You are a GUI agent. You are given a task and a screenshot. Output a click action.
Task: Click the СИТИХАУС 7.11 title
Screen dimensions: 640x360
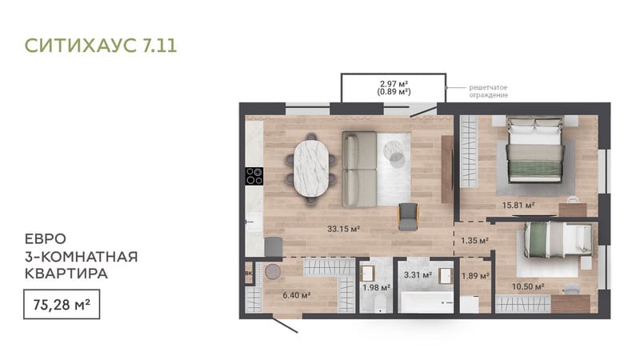tap(101, 46)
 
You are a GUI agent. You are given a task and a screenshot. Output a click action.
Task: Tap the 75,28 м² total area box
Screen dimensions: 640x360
tap(62, 304)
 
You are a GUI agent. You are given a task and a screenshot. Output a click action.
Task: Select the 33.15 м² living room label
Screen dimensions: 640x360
tap(343, 229)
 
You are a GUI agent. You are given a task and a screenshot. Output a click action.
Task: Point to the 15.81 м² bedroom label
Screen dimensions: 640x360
tap(518, 205)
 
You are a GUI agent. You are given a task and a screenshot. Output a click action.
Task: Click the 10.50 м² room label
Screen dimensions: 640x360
tap(528, 286)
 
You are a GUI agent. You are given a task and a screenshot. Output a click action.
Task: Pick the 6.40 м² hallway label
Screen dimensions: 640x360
tap(297, 294)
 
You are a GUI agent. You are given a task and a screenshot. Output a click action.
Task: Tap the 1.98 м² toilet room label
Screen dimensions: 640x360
tap(376, 288)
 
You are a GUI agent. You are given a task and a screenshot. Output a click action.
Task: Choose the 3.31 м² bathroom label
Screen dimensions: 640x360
tap(418, 275)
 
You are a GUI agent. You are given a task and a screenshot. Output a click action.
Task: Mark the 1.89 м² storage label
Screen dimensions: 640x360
tap(475, 276)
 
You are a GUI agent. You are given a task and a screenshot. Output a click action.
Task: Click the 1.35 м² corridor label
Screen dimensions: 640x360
tap(474, 241)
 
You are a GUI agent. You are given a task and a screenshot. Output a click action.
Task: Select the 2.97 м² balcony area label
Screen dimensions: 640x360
tap(394, 84)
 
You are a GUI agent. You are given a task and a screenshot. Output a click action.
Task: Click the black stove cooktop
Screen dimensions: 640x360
tap(254, 176)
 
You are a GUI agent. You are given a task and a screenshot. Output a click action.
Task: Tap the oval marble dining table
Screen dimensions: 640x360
tap(311, 168)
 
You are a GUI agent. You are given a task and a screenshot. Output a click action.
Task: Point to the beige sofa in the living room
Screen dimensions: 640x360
tap(359, 169)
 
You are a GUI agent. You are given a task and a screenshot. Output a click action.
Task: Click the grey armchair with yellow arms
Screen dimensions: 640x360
tap(408, 216)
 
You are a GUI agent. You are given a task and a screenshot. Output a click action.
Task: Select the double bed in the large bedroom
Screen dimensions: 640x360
tap(535, 150)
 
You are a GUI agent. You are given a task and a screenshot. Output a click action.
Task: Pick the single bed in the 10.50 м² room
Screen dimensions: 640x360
tap(558, 240)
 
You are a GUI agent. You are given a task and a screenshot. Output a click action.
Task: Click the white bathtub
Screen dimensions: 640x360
tap(426, 302)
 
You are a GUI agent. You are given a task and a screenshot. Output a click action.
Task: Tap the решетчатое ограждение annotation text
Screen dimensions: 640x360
tap(488, 91)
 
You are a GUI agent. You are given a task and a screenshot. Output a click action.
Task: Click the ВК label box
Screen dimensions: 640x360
tap(249, 273)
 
